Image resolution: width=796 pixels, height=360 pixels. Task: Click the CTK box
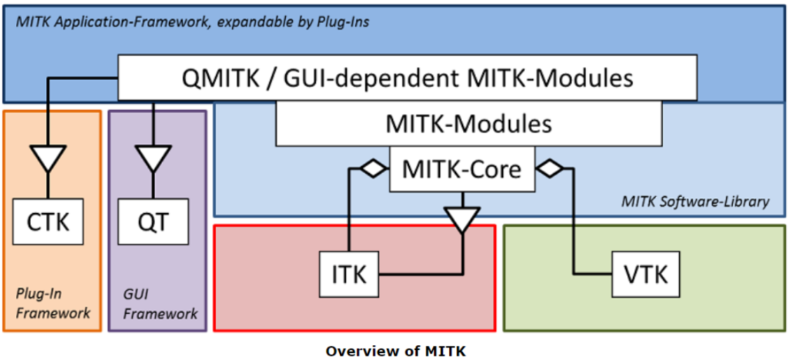click(x=47, y=223)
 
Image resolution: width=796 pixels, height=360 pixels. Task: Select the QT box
click(x=153, y=223)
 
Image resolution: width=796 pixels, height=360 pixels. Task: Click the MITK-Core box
click(x=462, y=169)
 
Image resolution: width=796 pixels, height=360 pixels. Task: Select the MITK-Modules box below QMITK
click(x=469, y=125)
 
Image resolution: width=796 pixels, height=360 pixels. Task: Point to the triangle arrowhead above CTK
click(x=48, y=157)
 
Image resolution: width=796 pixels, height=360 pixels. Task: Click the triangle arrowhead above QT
click(x=153, y=157)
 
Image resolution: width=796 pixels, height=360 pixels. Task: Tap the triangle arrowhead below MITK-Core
click(x=462, y=219)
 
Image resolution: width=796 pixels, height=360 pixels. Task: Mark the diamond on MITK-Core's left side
click(x=370, y=168)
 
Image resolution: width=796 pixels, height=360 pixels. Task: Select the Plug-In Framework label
click(x=53, y=303)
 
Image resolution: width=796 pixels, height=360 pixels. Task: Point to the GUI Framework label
click(x=158, y=303)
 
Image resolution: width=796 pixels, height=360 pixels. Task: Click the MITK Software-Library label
click(x=695, y=202)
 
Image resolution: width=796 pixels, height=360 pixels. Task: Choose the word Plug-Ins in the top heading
click(x=343, y=22)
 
